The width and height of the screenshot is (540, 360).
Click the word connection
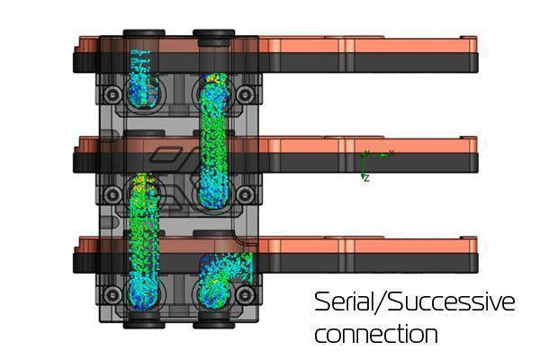[x=376, y=334]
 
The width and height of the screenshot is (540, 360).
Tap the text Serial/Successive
[x=415, y=301]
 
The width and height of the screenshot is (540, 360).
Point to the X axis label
[x=391, y=153]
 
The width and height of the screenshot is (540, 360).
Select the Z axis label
[x=367, y=178]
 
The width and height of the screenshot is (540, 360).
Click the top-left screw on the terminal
[x=112, y=94]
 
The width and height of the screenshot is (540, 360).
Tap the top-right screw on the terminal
[x=245, y=94]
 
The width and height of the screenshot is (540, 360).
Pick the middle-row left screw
[x=112, y=195]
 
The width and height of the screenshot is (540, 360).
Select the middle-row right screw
[x=245, y=195]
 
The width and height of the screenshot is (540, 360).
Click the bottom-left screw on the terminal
[x=112, y=295]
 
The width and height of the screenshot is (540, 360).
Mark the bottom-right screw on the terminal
[x=245, y=295]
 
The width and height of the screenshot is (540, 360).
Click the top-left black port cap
[x=144, y=33]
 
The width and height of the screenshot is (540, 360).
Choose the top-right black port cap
[x=214, y=37]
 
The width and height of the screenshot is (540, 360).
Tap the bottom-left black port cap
[x=144, y=323]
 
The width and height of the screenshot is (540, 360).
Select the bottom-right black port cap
[x=214, y=323]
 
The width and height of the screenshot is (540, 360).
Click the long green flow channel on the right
[x=213, y=141]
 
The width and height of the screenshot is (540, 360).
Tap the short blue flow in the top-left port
[x=143, y=80]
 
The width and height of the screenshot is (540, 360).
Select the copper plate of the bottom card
[x=275, y=246]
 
